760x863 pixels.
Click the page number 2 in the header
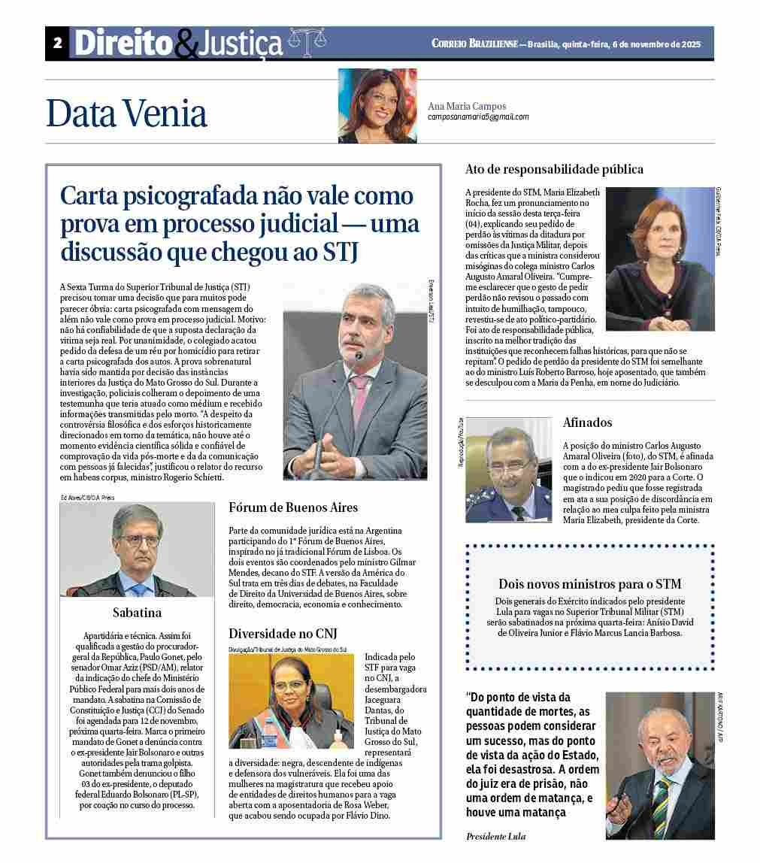click(57, 44)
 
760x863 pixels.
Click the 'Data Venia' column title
click(126, 114)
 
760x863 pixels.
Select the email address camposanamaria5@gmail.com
click(478, 117)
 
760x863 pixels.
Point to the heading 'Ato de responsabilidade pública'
click(554, 169)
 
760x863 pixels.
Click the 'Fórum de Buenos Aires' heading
click(293, 507)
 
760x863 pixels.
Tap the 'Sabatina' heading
click(137, 612)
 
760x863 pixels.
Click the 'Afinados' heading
click(587, 422)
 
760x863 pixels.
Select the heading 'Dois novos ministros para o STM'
click(589, 583)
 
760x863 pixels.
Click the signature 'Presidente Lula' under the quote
click(495, 837)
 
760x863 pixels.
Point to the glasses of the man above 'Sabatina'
click(138, 541)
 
